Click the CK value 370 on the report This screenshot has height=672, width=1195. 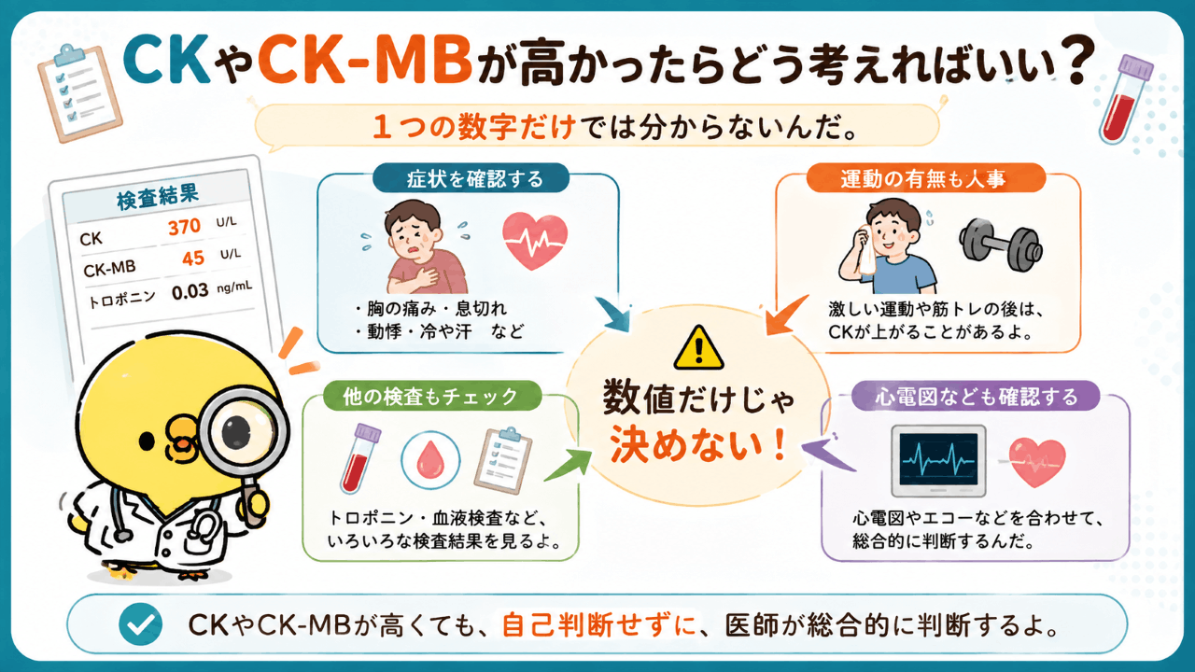(x=185, y=227)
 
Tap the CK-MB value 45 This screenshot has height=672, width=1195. (x=193, y=259)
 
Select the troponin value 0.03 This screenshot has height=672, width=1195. (x=190, y=292)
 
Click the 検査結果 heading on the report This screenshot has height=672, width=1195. (x=158, y=197)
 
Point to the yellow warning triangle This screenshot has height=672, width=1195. (x=698, y=348)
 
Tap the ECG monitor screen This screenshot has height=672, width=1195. (x=938, y=459)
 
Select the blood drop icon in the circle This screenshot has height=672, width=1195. (x=430, y=460)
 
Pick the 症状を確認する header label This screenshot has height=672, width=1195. (x=471, y=178)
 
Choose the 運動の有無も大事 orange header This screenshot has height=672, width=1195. (x=925, y=178)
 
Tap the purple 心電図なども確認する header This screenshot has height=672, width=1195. (x=976, y=397)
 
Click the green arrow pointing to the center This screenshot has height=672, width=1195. (x=569, y=465)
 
